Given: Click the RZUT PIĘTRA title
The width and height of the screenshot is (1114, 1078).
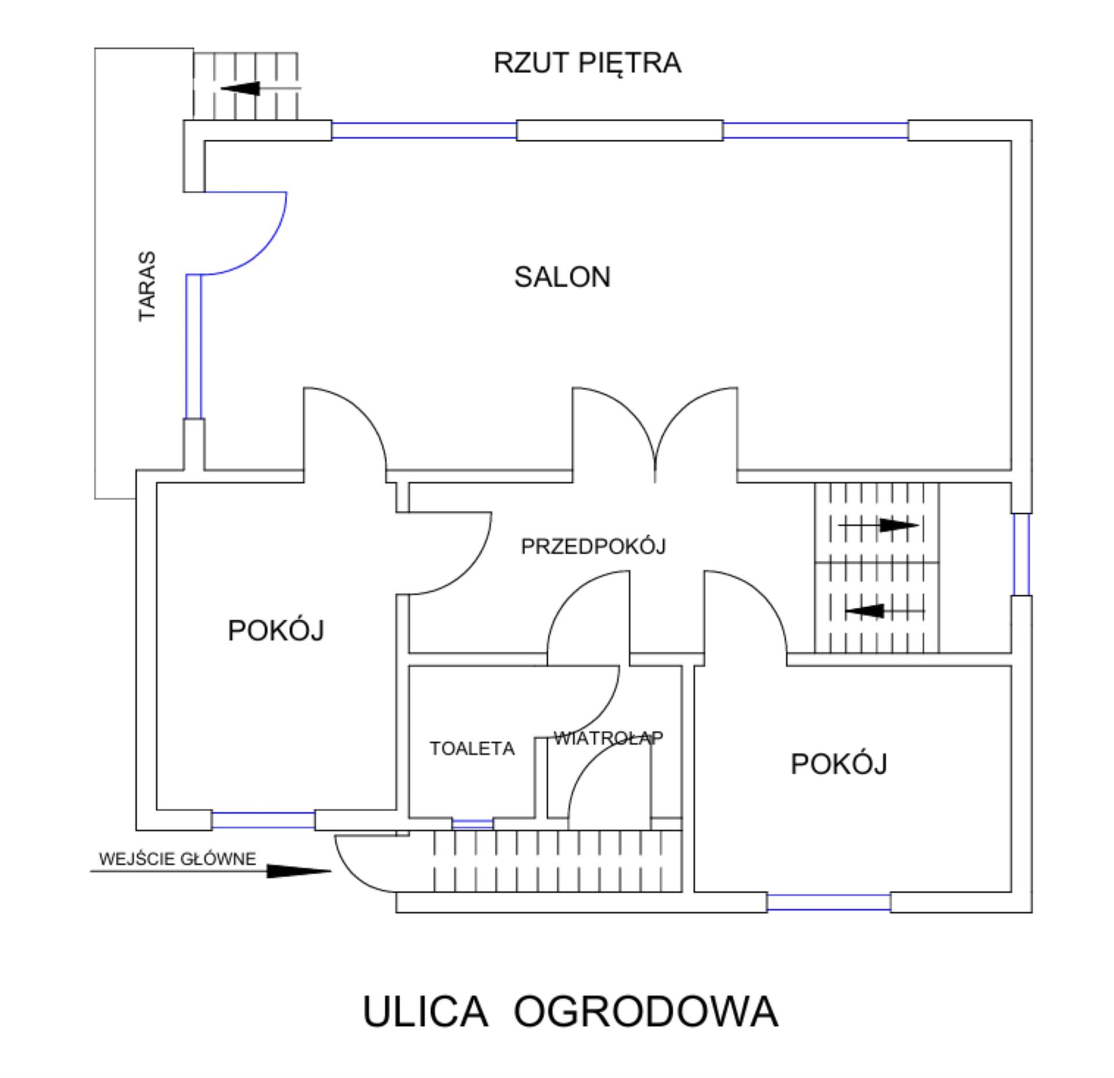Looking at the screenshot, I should point(587,63).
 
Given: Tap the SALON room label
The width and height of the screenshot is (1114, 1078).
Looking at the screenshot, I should point(562,277).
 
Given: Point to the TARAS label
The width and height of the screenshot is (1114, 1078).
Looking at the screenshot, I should point(147,286).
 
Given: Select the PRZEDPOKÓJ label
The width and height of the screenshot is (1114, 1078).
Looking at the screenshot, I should point(593,546).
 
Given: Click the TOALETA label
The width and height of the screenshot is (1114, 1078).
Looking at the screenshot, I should point(472,749).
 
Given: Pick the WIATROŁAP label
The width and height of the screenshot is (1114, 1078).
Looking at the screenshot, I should point(608,738).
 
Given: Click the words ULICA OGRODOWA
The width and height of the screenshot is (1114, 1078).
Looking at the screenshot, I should point(570,1011).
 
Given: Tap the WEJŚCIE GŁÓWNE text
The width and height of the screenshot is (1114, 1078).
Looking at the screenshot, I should point(178,859).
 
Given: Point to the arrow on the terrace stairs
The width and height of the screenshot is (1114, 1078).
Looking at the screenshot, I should point(241,89).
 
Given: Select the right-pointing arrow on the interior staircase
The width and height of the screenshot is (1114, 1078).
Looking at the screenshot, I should point(898,526).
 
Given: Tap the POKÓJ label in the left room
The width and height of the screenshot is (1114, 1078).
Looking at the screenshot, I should point(276,630).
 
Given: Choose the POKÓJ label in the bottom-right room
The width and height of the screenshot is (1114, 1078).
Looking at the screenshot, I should point(839,764).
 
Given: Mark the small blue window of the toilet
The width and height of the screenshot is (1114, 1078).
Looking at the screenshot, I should point(472,824).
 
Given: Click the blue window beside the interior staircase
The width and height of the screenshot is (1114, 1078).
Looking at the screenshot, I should point(1021,554).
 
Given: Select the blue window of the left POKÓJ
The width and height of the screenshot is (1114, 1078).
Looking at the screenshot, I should point(263,820).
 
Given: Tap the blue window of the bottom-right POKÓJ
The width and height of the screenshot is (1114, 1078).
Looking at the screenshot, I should point(829,902).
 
